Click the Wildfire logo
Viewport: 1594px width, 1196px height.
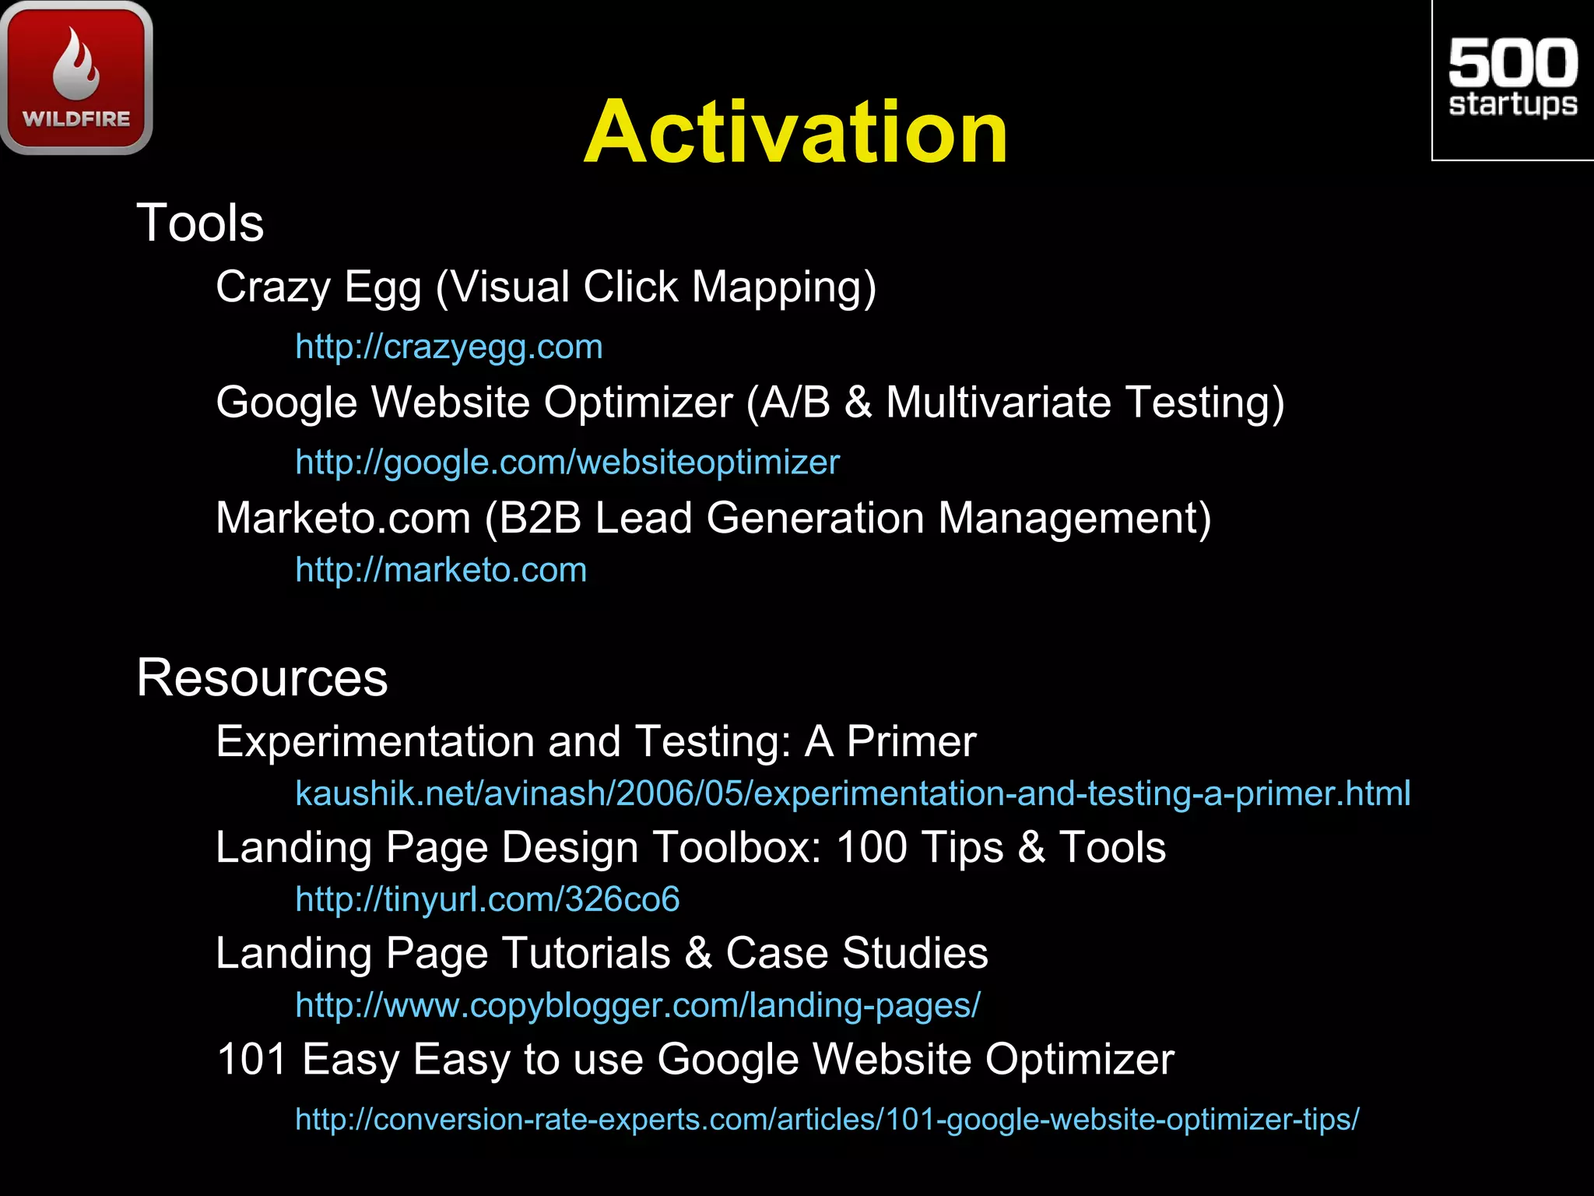(76, 78)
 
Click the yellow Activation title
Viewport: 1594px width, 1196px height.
(795, 132)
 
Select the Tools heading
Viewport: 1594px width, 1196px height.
(200, 223)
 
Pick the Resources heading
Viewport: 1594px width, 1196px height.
(262, 677)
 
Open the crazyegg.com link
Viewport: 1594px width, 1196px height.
(449, 347)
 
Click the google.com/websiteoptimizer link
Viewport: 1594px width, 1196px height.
(567, 463)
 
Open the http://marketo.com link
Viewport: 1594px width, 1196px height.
(441, 571)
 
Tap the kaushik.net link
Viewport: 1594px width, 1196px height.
(852, 793)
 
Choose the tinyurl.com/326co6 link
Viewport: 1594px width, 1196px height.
(487, 899)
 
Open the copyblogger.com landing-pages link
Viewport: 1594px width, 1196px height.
(637, 1005)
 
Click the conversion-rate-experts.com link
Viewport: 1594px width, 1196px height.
(827, 1119)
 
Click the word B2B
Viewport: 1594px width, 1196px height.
(540, 519)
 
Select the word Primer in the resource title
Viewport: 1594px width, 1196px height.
(911, 741)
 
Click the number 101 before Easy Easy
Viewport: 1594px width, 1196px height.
(251, 1060)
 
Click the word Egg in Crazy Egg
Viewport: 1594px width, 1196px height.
(382, 288)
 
